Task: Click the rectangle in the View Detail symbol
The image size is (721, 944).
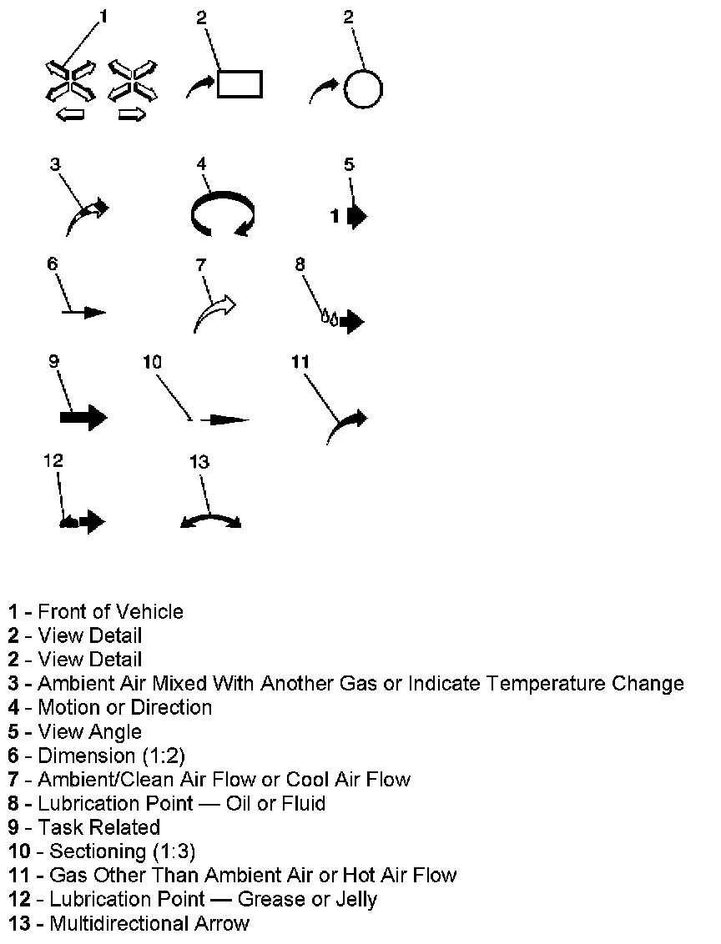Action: [x=239, y=84]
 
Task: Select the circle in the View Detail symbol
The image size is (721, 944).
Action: [x=363, y=88]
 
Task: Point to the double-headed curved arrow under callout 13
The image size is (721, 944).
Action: [x=211, y=521]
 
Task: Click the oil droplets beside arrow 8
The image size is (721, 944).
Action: [x=330, y=318]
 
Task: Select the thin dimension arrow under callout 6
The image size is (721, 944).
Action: [x=84, y=312]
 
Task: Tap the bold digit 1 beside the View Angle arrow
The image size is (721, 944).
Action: [x=335, y=216]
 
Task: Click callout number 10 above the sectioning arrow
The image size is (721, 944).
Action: [x=152, y=362]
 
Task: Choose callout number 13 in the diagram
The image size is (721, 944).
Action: [x=199, y=461]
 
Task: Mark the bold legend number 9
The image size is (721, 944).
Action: [x=14, y=827]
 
